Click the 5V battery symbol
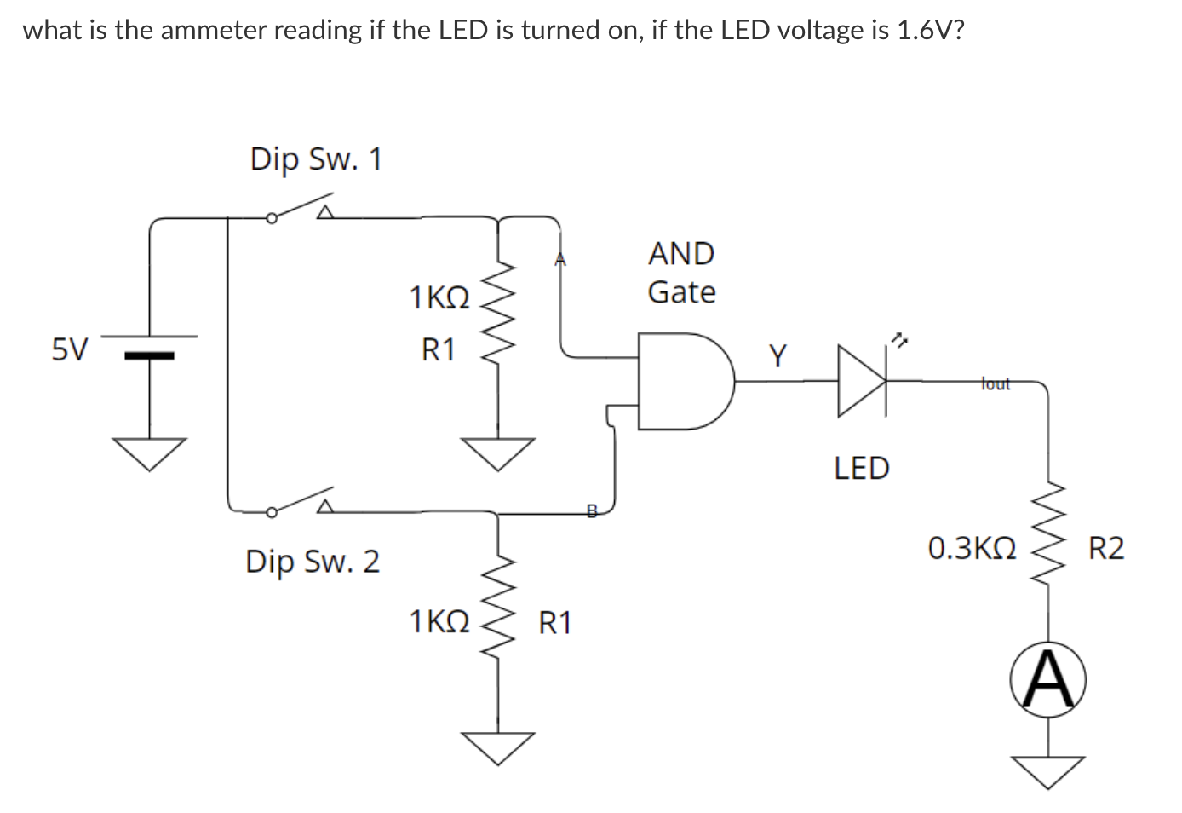151,346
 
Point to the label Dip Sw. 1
316,159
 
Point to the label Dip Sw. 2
313,562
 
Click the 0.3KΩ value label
972,548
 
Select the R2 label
1106,548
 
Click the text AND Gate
681,273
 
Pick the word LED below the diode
861,468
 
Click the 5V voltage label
70,349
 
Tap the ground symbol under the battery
151,453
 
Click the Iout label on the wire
995,383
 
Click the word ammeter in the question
215,31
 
